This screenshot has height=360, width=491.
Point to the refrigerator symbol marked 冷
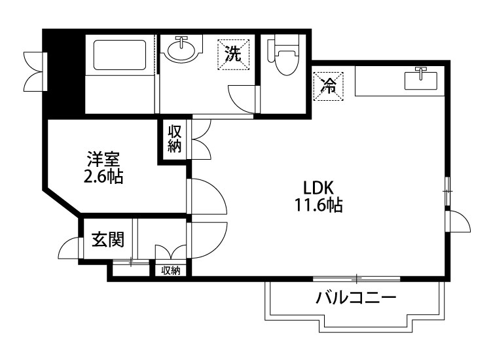329,84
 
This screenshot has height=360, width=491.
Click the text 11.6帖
319,206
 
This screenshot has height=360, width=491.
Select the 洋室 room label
103,158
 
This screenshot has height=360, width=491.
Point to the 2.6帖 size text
103,177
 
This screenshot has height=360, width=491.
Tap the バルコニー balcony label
356,298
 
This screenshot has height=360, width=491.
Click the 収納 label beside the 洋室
174,137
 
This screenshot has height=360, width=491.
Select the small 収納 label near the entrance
171,270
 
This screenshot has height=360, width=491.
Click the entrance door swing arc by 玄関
67,249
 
